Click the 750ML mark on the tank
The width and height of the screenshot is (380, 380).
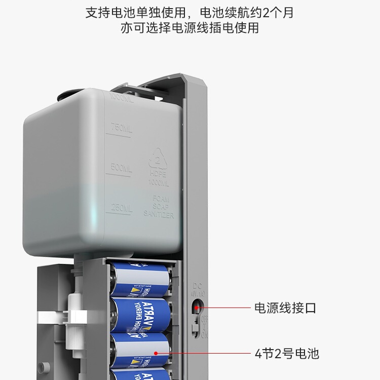pyautogui.click(x=121, y=129)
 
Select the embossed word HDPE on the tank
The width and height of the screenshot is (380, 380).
pyautogui.click(x=159, y=174)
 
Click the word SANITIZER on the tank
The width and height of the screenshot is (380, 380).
pyautogui.click(x=159, y=215)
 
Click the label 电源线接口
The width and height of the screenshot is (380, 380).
pyautogui.click(x=285, y=308)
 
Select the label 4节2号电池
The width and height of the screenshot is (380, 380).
pyautogui.click(x=286, y=353)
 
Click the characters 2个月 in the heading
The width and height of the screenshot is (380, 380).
pyautogui.click(x=277, y=13)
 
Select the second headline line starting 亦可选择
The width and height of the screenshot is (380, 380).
pyautogui.click(x=189, y=28)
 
